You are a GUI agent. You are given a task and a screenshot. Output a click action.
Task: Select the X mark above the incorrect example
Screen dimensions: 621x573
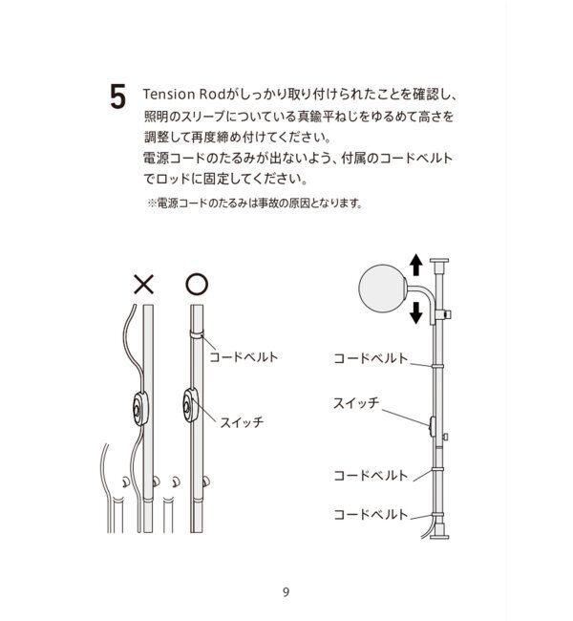[143, 283]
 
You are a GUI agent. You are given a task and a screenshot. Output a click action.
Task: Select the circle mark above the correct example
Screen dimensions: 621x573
[195, 283]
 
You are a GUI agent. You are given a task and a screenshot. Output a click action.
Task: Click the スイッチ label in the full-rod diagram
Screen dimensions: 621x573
[356, 402]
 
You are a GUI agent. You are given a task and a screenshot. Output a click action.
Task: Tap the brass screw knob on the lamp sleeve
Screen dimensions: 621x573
[450, 312]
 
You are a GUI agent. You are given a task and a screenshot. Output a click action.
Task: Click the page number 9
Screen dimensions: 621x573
[286, 590]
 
